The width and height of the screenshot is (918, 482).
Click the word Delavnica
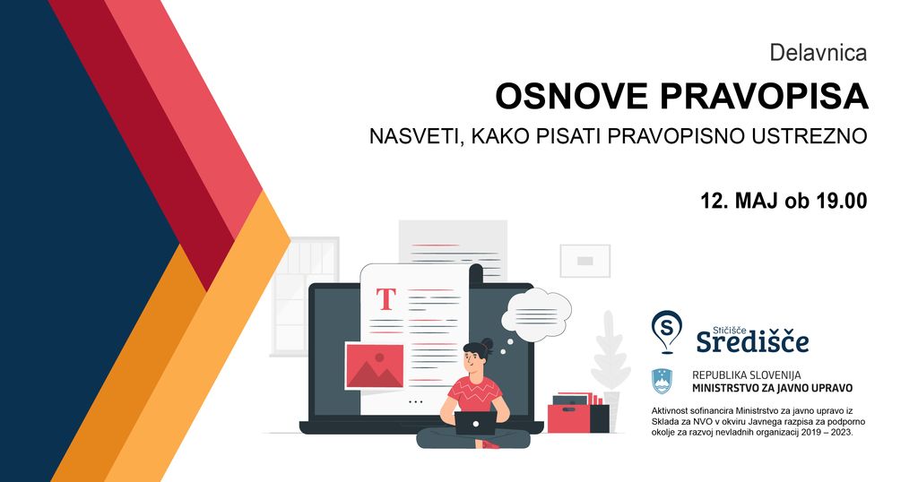pyautogui.click(x=818, y=53)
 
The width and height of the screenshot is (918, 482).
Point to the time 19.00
pyautogui.click(x=841, y=201)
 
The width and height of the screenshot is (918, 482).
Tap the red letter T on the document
pyautogui.click(x=385, y=299)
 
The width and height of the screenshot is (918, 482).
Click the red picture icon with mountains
pyautogui.click(x=375, y=366)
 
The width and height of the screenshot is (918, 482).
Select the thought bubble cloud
pyautogui.click(x=536, y=310)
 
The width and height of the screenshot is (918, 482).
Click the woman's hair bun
pyautogui.click(x=487, y=344)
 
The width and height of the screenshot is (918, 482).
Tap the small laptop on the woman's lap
pyautogui.click(x=475, y=423)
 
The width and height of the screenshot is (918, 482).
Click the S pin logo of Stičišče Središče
pyautogui.click(x=666, y=331)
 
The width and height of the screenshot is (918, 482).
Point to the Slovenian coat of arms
pyautogui.click(x=663, y=382)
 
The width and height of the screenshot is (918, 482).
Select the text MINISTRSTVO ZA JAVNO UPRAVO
pyautogui.click(x=772, y=388)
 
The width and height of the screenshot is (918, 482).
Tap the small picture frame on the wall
pyautogui.click(x=585, y=261)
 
